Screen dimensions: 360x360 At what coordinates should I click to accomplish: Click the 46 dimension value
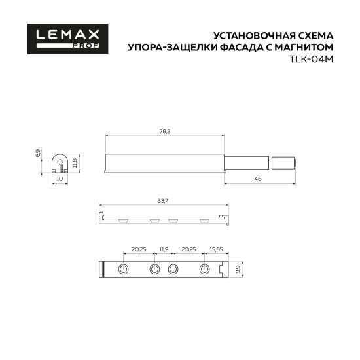pos(257,179)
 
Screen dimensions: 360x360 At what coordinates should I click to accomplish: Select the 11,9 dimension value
pos(164,249)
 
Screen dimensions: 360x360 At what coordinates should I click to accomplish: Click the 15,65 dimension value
pos(216,249)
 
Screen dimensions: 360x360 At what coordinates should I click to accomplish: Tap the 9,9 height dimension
pos(239,269)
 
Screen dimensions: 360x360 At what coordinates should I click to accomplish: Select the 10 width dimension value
pos(59,178)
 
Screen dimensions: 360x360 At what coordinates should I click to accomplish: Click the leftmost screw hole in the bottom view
pos(123,270)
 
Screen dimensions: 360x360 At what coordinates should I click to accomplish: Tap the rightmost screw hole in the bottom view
pos(204,270)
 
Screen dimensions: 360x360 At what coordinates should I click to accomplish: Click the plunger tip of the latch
pos(293,162)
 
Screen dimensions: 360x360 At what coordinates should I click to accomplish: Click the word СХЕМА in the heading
pos(314,34)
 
